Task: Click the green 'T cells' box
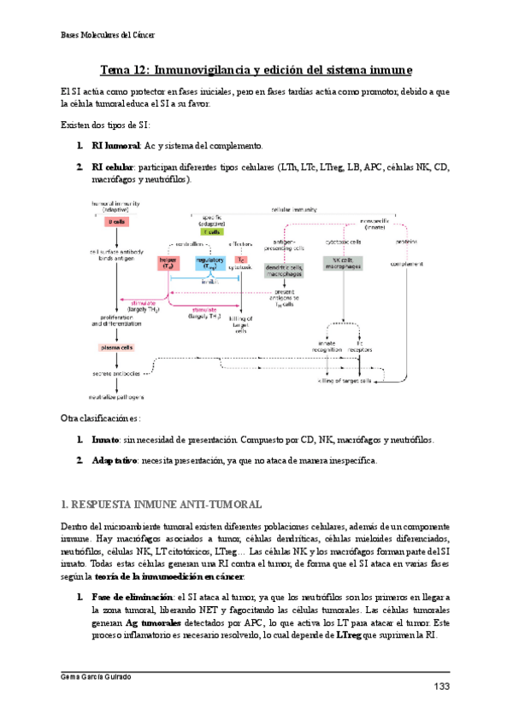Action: coord(211,231)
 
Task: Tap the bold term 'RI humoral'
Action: coord(115,146)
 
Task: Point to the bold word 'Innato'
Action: coord(107,440)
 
